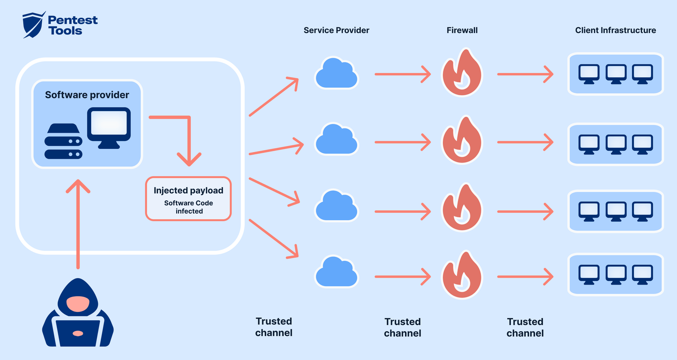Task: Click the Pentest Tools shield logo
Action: coord(33,25)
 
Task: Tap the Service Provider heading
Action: coord(336,30)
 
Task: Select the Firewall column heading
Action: coord(462,30)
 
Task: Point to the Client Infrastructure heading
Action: coord(615,30)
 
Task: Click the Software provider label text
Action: coord(87,95)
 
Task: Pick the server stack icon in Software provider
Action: coord(63,141)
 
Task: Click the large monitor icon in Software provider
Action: coord(109,127)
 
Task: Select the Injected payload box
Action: coord(189,199)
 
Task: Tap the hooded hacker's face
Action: coord(78,304)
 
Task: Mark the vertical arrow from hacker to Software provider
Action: coord(78,225)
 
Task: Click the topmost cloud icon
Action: coord(336,74)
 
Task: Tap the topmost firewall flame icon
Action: coord(462,74)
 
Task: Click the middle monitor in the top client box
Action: coord(616,74)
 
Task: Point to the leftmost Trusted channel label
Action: coord(274,327)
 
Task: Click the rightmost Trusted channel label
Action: coord(525,327)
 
